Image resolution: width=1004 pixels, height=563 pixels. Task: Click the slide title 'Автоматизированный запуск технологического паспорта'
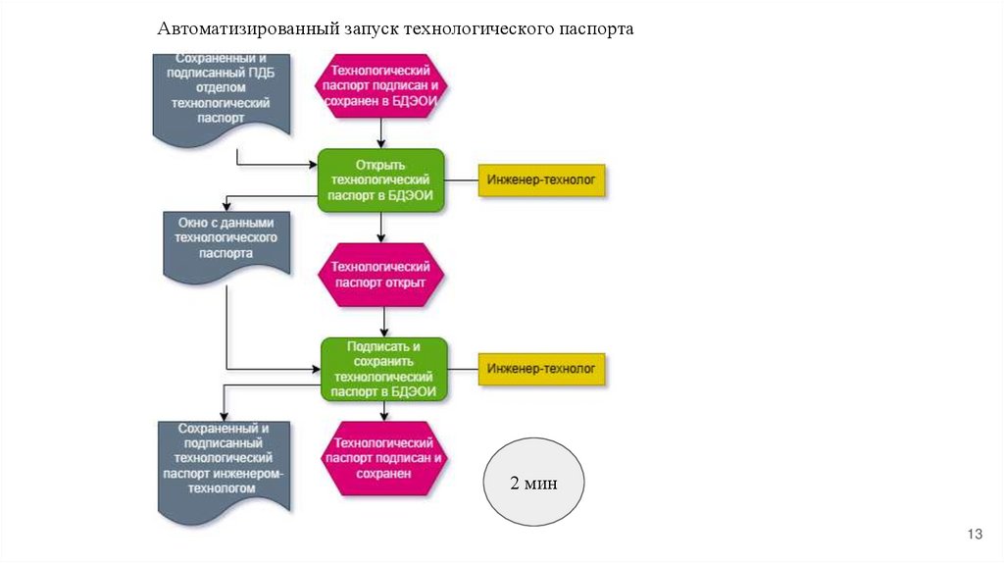coord(395,28)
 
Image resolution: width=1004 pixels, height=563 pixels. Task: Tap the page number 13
coord(975,534)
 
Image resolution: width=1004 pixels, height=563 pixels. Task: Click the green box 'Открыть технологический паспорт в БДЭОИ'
coord(381,180)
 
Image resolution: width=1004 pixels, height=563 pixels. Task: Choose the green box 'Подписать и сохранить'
coord(384,369)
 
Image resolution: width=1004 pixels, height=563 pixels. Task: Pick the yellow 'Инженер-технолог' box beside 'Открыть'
coord(542,180)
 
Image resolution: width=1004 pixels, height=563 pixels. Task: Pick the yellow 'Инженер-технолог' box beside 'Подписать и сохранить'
coord(542,369)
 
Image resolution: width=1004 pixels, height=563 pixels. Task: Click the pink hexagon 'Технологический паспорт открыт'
coord(381,275)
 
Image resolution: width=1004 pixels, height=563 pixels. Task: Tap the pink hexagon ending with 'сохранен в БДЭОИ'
coord(381,85)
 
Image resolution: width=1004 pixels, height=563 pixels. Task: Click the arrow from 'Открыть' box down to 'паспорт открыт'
coord(382,228)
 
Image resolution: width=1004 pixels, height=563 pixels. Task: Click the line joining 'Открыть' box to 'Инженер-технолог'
coord(462,180)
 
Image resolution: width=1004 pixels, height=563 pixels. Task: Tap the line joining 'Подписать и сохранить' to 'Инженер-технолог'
coord(463,369)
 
